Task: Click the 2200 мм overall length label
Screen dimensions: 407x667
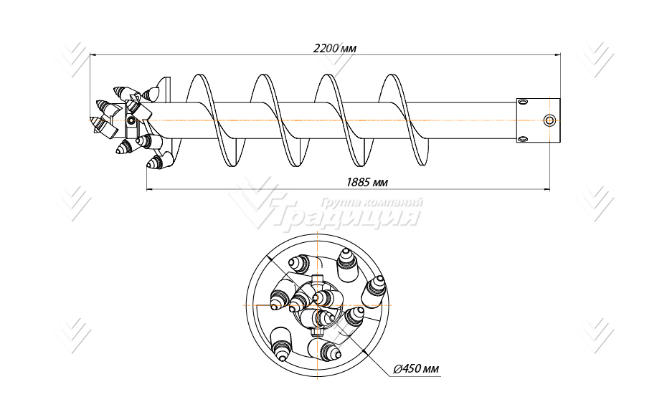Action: (334, 49)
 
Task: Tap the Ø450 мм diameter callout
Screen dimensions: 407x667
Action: (417, 369)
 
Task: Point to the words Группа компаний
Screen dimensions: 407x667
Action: (370, 202)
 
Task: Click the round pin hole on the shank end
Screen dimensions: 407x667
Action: (549, 120)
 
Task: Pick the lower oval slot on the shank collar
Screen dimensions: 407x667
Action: (523, 138)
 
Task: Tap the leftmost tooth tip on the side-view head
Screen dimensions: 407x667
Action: (94, 120)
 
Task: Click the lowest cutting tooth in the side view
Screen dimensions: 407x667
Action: (155, 163)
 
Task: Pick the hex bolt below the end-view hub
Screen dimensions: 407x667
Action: (317, 333)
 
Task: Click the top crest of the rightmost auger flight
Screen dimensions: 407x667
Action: (392, 76)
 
